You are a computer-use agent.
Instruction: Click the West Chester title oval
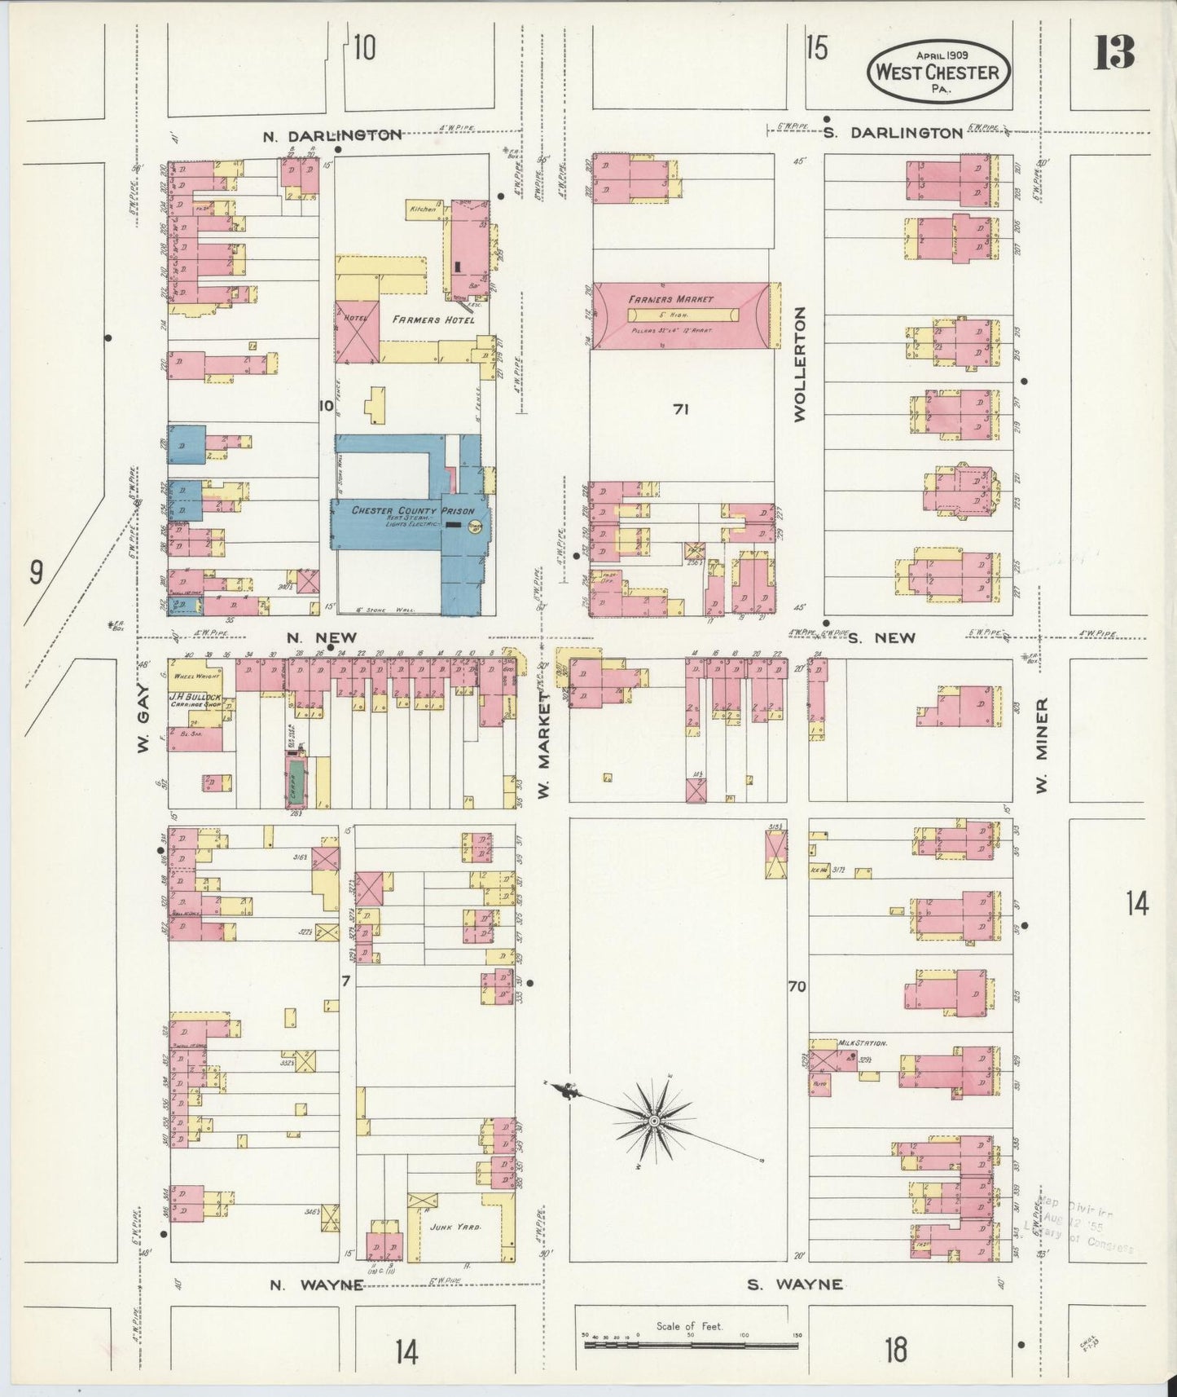938,71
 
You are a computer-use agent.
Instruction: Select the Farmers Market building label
670,300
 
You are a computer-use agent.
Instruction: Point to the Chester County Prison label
413,511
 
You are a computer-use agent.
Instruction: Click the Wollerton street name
799,364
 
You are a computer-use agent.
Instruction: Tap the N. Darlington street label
332,135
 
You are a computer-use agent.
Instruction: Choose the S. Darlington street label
892,133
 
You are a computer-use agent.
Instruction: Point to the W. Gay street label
143,716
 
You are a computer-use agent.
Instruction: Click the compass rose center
653,1122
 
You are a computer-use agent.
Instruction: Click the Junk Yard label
461,1226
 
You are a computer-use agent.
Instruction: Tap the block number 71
681,410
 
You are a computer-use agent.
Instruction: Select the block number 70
797,986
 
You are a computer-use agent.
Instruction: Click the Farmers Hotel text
433,320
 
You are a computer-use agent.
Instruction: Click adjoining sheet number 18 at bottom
895,1350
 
